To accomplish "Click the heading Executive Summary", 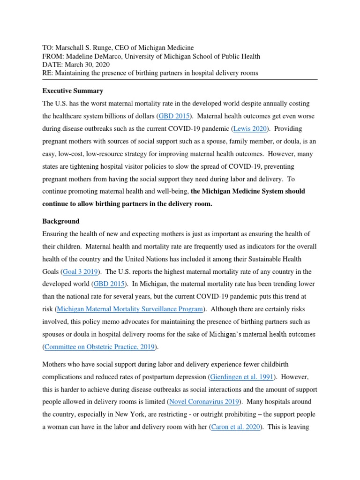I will (x=73, y=91).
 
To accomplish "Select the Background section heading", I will (x=61, y=221).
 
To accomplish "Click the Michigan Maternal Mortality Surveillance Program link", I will (x=130, y=309).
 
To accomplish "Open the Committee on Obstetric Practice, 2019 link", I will (x=101, y=347).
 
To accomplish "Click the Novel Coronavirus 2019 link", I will (x=204, y=402).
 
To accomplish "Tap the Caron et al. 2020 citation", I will (x=235, y=427).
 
